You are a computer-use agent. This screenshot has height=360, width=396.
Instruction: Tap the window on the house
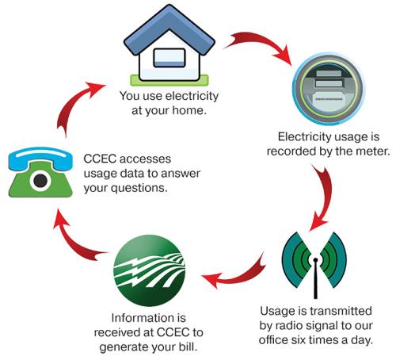(169, 58)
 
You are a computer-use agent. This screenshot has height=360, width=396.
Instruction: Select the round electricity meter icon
(329, 88)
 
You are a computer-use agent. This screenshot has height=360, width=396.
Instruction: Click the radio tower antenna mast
(315, 278)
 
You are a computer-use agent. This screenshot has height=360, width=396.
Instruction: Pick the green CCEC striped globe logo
(149, 270)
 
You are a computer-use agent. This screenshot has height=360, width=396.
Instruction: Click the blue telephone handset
(40, 157)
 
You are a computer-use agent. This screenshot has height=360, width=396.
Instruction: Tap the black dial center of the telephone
(40, 181)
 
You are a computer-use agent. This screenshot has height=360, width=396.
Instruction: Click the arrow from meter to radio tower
(324, 197)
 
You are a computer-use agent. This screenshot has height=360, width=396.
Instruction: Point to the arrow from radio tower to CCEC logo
(238, 275)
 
